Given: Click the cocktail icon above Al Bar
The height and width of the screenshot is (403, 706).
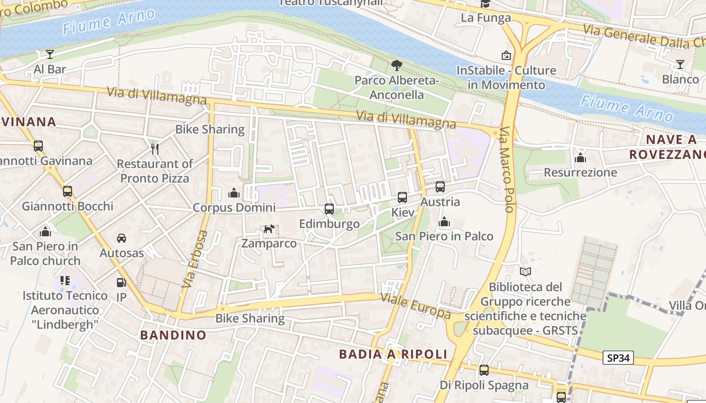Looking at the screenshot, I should pos(50,54).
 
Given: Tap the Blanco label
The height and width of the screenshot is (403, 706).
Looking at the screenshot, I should pos(680,79).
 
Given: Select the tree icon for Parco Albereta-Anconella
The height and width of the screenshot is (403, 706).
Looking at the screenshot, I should pos(397,65).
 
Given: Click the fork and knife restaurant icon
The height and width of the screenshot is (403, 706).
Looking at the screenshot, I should pos(155,149).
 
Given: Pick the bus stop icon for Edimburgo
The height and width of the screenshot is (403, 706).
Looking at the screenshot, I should pos(329,209).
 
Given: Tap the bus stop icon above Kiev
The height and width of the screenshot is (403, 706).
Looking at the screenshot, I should pos(402,197).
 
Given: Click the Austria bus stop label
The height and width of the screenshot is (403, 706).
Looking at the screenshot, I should pos(440,202).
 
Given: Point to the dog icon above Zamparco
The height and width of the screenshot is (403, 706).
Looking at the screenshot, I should pos(269,229).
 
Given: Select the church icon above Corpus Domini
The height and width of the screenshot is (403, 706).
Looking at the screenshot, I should pos(233,193).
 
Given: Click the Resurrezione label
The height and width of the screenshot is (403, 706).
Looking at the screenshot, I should pos(580,173).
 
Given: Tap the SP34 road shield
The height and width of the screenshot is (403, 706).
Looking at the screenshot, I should pos(618,358).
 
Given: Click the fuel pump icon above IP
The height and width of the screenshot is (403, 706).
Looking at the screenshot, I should pos(121,283).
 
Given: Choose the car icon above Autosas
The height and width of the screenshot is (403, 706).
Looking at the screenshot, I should pos(122,238).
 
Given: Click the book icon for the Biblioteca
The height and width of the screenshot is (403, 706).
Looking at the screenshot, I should pos(525,272).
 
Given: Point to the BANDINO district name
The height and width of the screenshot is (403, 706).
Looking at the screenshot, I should pos(173,335).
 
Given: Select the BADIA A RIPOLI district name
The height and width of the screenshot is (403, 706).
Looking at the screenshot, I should pos(393,354).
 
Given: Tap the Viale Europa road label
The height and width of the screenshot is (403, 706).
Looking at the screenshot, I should pos(416,305).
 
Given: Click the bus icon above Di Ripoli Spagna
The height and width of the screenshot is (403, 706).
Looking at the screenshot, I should pos(484,370).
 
